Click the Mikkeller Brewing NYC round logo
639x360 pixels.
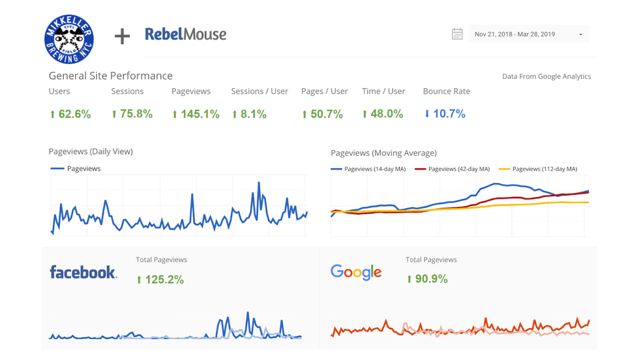[69, 38]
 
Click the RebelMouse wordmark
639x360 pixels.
[186, 34]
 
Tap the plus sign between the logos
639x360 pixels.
[122, 37]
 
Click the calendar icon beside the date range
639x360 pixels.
[457, 34]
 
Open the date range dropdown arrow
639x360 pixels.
[580, 35]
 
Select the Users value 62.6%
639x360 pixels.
[70, 114]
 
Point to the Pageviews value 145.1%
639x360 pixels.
[196, 114]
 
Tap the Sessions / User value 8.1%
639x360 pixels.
[249, 114]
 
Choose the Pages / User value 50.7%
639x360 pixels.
[322, 114]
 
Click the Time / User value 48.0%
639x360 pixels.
[383, 114]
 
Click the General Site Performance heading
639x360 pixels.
[110, 76]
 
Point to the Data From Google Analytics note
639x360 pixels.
[546, 76]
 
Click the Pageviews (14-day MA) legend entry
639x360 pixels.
[368, 169]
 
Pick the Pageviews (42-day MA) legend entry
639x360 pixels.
[452, 169]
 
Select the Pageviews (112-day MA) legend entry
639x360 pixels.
[538, 169]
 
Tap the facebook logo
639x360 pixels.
[83, 272]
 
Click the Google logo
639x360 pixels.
[355, 272]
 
